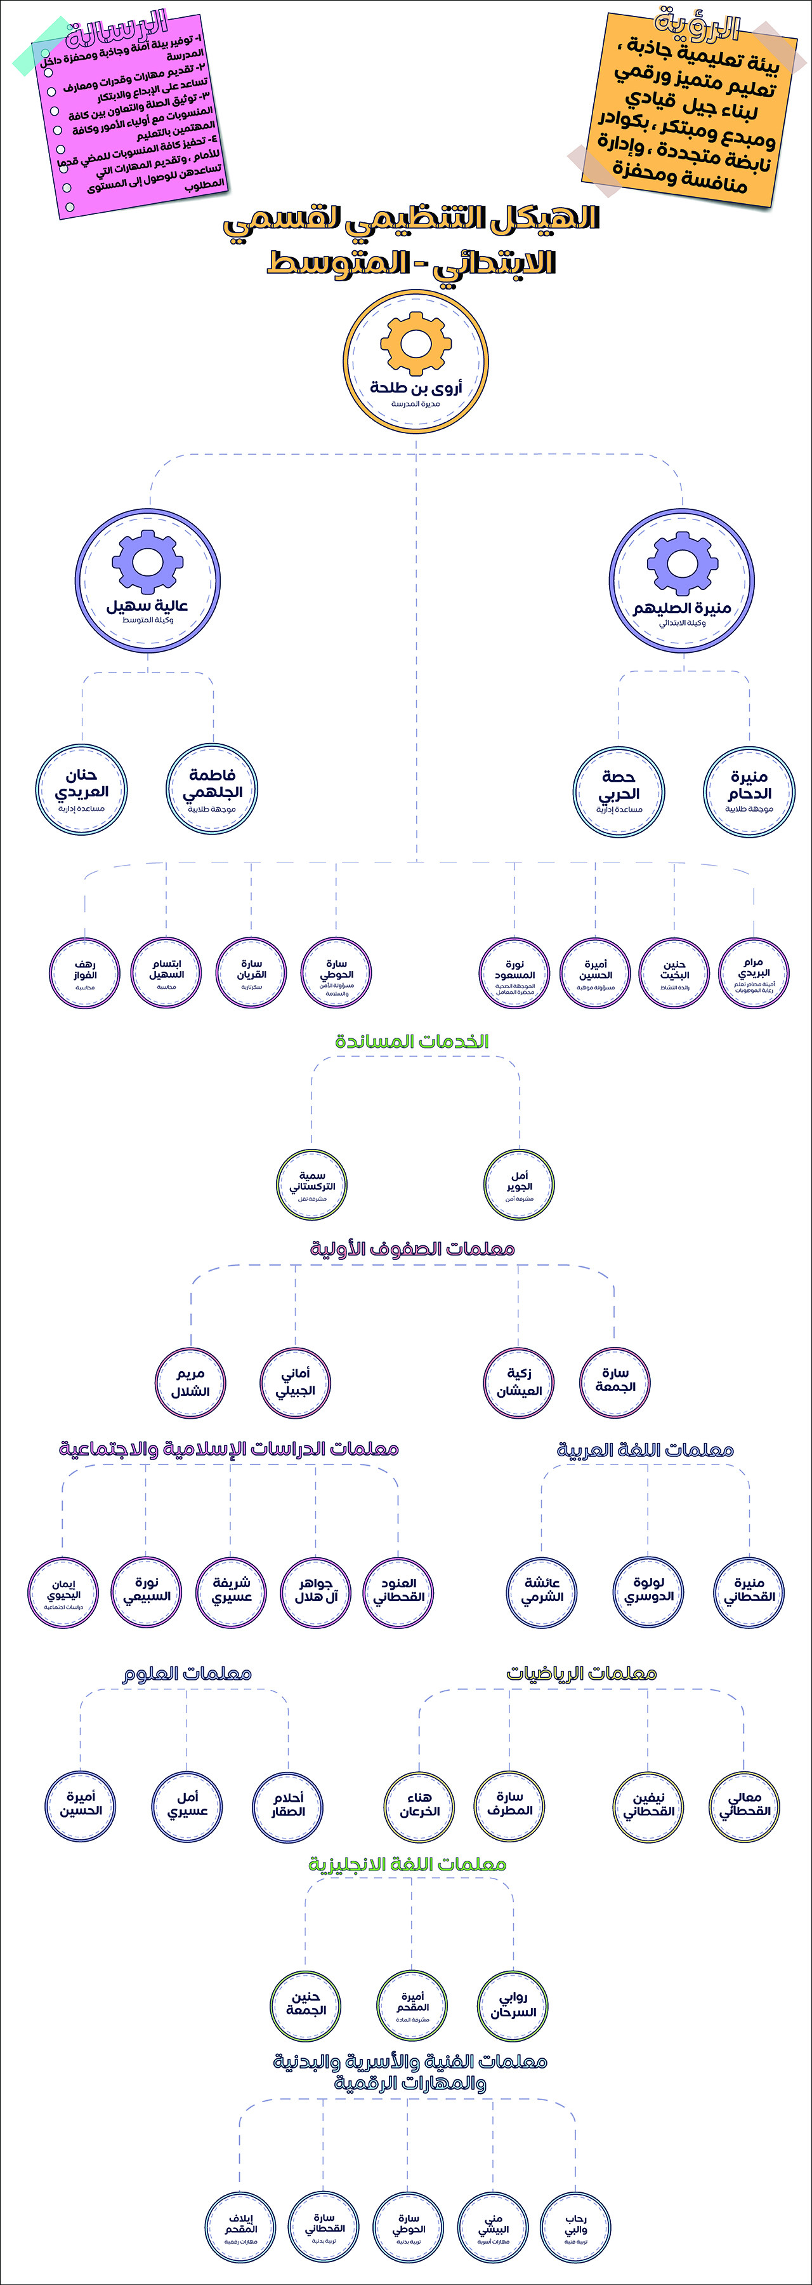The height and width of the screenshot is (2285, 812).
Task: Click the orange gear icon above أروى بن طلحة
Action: point(416,344)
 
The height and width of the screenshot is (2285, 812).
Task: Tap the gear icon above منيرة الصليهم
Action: point(682,563)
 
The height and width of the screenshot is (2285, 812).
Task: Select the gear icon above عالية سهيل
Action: point(147,561)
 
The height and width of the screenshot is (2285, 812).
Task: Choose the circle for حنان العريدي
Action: point(82,789)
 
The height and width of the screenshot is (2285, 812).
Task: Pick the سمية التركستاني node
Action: point(312,1186)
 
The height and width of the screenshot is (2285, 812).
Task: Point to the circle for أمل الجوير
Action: point(520,1186)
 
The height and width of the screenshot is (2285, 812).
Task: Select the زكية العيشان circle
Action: point(518,1382)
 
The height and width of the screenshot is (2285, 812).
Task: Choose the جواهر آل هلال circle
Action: point(315,1590)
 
